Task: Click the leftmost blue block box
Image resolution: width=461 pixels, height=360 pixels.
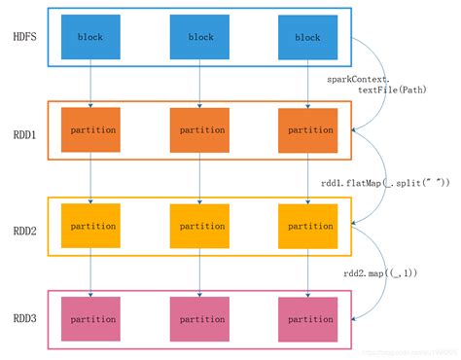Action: click(x=89, y=37)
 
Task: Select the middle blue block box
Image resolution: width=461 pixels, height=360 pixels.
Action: click(x=199, y=37)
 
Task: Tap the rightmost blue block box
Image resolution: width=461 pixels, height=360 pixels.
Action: click(x=308, y=37)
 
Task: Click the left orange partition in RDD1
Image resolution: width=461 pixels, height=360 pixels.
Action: click(x=89, y=129)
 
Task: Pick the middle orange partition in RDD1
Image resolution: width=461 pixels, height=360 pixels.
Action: click(x=199, y=129)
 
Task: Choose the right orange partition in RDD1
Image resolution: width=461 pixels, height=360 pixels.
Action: click(x=308, y=129)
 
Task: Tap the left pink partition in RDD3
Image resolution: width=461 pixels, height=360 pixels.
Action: click(x=89, y=317)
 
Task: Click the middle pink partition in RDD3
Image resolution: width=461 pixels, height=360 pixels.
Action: click(x=199, y=317)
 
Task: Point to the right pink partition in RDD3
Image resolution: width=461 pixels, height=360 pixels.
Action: click(x=308, y=317)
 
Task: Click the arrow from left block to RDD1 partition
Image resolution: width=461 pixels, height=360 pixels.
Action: click(x=89, y=83)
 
